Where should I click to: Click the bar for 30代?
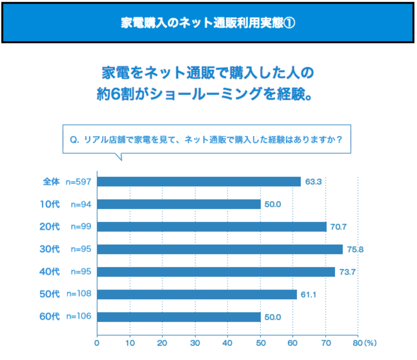click(x=220, y=249)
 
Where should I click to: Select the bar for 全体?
click(x=199, y=182)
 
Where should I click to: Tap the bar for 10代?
click(x=179, y=204)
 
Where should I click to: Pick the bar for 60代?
click(x=179, y=317)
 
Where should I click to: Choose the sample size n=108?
click(x=79, y=294)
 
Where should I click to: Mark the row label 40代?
click(x=50, y=272)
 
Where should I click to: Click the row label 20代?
click(x=50, y=227)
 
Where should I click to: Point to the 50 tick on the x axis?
click(x=260, y=343)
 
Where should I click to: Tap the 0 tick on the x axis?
click(x=97, y=343)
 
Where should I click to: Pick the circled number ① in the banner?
click(x=289, y=22)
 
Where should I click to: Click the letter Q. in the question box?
click(x=74, y=139)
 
